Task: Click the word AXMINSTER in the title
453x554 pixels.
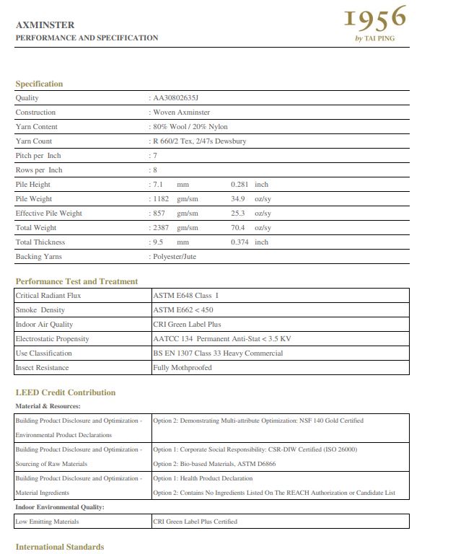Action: [45, 25]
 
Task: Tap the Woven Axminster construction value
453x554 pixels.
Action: [181, 113]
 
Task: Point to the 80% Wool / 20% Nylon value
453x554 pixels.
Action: [190, 127]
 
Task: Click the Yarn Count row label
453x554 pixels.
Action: [34, 141]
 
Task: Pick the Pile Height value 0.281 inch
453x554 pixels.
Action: [249, 185]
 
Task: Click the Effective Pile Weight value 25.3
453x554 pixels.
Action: [238, 214]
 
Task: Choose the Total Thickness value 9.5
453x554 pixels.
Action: [158, 242]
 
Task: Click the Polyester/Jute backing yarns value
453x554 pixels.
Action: [174, 257]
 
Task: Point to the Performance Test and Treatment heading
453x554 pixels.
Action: [76, 281]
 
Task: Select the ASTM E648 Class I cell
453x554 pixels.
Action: [185, 296]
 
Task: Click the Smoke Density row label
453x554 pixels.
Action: [40, 310]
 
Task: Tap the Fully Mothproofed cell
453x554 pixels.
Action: [182, 368]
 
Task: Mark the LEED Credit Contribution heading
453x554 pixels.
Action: [66, 392]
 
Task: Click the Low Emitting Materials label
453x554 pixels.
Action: [47, 522]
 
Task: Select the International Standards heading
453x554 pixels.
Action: [60, 547]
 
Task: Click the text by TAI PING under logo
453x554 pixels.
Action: [375, 38]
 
